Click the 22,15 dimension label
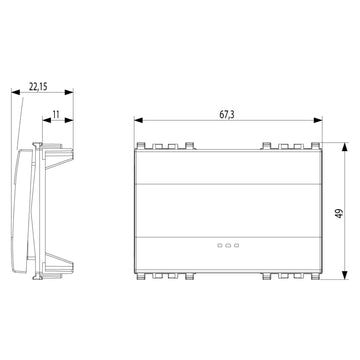(x=38, y=87)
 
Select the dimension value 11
(x=56, y=115)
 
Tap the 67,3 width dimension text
(x=227, y=115)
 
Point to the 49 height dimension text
(x=339, y=213)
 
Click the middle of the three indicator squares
(x=228, y=246)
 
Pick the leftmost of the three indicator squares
(x=220, y=246)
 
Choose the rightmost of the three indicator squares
(x=237, y=246)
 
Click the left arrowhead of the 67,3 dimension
(x=138, y=120)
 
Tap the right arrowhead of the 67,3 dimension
(x=318, y=120)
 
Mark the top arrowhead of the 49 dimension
(x=345, y=147)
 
